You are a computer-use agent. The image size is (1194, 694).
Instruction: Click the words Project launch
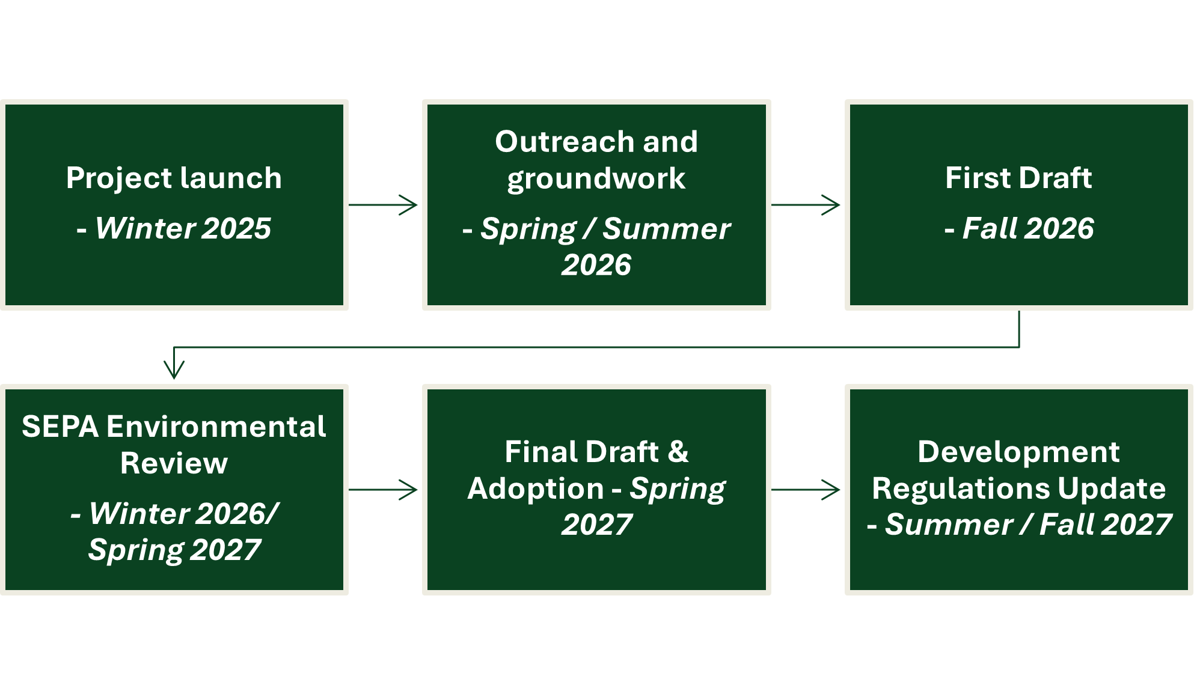pos(174,178)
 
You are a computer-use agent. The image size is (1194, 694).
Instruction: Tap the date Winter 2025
pos(183,228)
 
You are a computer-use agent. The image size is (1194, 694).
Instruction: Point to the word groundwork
pos(596,178)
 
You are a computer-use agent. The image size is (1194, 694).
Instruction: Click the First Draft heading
pos(1018,178)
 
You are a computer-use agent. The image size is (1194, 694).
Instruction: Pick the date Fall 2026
pos(1027,228)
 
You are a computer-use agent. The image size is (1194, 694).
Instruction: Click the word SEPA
pos(60,427)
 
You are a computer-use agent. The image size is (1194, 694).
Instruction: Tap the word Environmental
pos(216,427)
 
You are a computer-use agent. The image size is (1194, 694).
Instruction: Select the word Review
pos(174,463)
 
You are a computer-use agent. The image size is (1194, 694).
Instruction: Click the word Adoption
pos(536,489)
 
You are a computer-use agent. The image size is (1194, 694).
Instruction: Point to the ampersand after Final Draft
pos(678,452)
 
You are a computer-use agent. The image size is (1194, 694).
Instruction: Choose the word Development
pos(1018,452)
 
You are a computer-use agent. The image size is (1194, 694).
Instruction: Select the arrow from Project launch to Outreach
pos(384,205)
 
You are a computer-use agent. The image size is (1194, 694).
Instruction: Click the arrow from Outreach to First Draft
pos(806,205)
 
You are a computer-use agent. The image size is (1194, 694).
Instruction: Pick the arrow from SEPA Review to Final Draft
pos(384,490)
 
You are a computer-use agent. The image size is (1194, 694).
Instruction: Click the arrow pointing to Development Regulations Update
pos(806,490)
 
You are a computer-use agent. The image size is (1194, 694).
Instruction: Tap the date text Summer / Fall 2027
pos(1028,525)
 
